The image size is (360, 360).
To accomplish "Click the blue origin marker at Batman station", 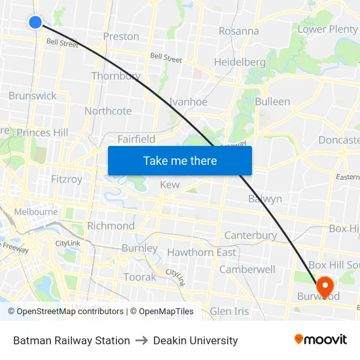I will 35,22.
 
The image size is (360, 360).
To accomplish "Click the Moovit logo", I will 320,339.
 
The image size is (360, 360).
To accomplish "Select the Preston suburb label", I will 121,37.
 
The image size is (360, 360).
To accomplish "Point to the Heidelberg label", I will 240,62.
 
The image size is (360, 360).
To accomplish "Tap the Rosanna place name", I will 238,31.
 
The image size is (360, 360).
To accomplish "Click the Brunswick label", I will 33,96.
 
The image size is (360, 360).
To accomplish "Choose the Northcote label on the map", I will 108,111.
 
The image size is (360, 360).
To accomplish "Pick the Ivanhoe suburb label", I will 188,101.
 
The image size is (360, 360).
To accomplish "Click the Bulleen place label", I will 272,101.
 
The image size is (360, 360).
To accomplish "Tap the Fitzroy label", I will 67,179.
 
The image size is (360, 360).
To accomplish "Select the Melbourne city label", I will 36,212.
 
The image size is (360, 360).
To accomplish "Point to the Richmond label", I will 111,226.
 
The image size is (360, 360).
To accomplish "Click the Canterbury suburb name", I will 251,235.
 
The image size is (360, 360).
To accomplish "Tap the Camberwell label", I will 247,269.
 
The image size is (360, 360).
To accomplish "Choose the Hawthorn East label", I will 202,252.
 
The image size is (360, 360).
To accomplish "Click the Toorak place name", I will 139,277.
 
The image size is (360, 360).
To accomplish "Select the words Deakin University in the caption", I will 195,340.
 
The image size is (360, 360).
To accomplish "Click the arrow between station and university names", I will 141,340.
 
